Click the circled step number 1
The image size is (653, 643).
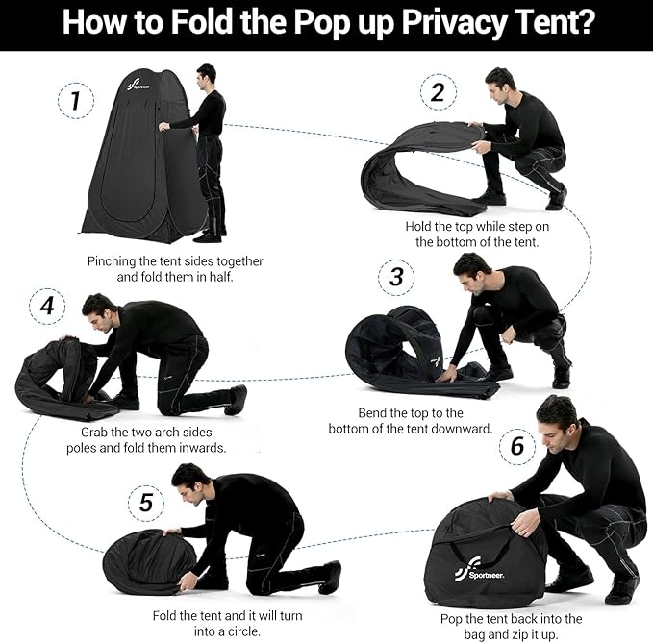click(x=76, y=99)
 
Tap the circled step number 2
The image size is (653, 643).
click(x=438, y=93)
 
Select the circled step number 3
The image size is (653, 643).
click(x=395, y=279)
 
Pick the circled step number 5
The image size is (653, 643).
click(x=146, y=503)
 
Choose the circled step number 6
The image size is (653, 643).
click(x=516, y=446)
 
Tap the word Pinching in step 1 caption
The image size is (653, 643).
click(x=113, y=260)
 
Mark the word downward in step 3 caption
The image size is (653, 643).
click(x=463, y=429)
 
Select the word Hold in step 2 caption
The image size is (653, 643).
click(x=421, y=227)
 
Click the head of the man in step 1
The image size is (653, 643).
click(x=206, y=75)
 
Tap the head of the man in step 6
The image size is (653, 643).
click(x=559, y=416)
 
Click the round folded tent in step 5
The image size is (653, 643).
click(x=147, y=561)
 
